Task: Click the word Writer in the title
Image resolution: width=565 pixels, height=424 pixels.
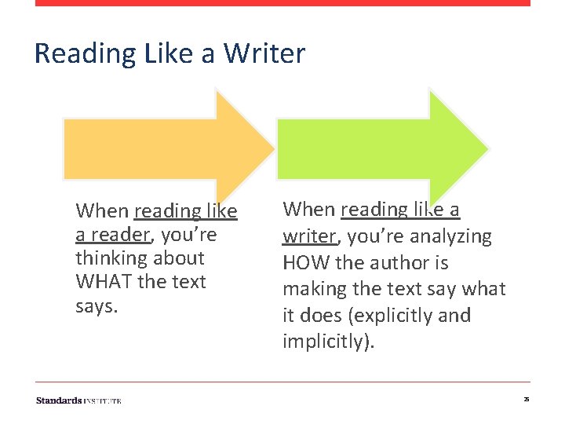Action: (264, 53)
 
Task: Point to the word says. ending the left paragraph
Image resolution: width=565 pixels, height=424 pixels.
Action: (97, 305)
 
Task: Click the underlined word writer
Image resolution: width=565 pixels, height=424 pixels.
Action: (308, 236)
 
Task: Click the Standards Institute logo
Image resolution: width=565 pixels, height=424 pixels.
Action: (78, 400)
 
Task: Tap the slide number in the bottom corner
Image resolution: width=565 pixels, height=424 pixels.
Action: (526, 400)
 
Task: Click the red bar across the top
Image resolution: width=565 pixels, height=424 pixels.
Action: (282, 3)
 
